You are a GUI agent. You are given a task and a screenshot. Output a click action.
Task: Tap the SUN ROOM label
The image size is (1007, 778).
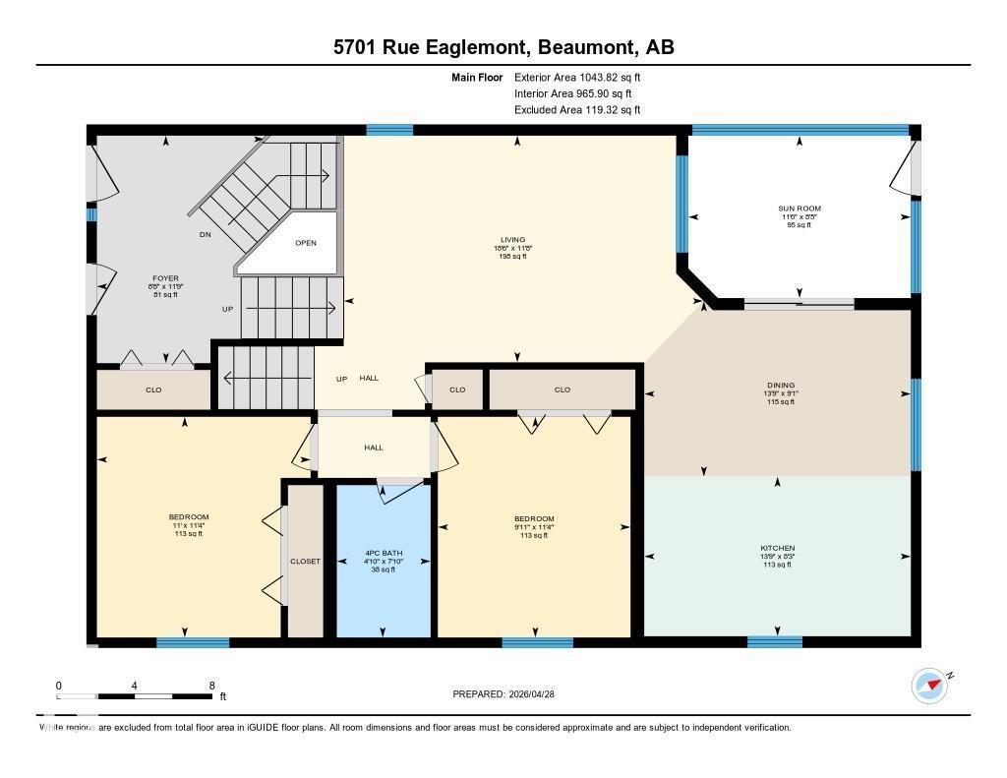799,209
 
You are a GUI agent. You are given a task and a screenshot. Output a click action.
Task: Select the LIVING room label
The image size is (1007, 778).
512,240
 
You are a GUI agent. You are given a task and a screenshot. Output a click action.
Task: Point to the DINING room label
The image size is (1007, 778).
781,386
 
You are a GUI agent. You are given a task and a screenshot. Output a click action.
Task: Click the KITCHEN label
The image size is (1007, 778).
777,548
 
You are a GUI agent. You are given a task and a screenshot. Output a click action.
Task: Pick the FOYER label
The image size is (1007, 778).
165,278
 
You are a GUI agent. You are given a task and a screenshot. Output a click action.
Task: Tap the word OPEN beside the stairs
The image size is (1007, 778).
306,243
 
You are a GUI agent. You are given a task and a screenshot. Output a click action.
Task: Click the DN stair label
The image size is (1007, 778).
205,235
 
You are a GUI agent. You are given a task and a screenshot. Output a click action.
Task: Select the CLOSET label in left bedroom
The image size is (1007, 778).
305,562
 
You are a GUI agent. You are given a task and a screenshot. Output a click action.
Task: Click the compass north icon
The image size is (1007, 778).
929,686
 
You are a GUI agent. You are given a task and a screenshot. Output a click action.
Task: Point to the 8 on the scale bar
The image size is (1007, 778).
210,685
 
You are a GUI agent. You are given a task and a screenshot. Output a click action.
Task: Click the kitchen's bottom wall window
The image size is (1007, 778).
774,642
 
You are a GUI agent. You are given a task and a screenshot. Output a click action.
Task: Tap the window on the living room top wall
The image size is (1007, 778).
389,130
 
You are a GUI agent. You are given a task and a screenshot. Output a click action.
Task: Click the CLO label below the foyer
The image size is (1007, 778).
153,390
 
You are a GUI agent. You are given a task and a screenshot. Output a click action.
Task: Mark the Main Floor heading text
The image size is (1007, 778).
477,77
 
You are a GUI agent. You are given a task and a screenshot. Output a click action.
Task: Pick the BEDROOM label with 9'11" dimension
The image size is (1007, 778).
534,519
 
